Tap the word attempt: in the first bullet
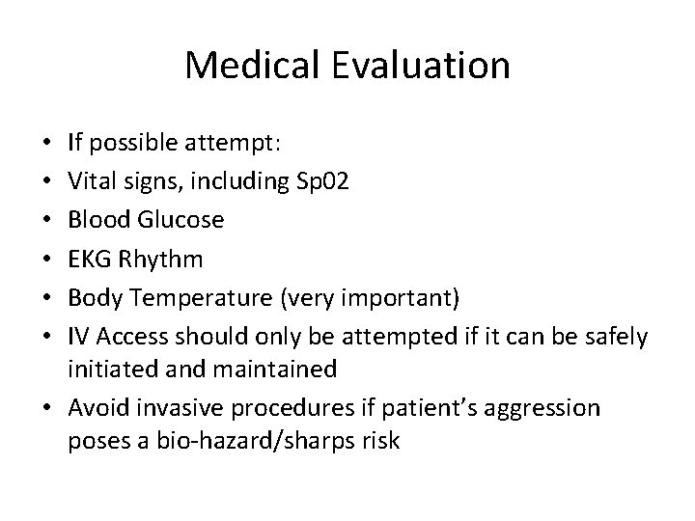235,144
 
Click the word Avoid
94,408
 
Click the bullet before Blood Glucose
48,220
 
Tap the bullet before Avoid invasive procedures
48,409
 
